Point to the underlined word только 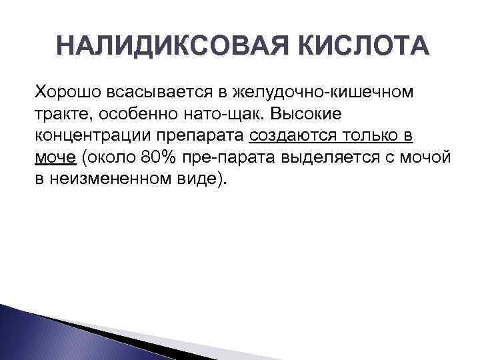[x=368, y=137]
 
